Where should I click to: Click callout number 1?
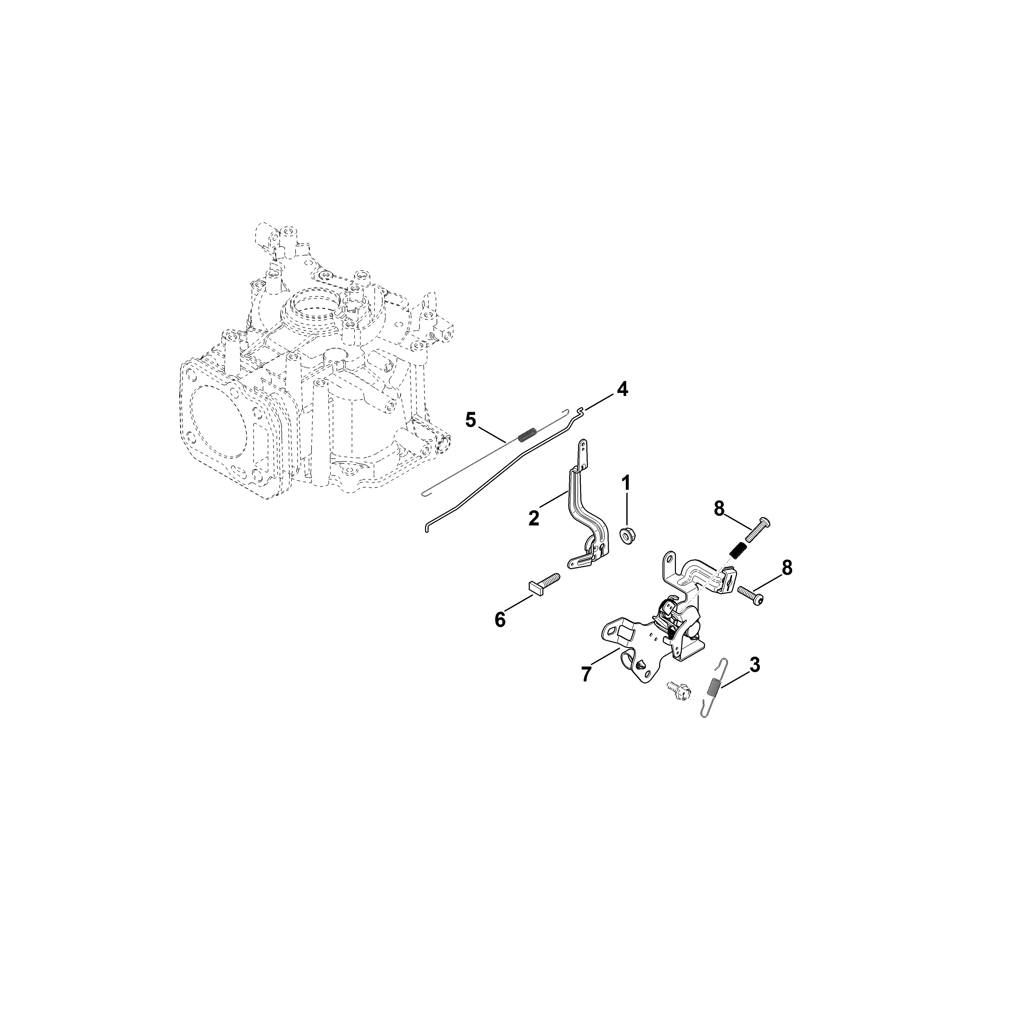click(626, 483)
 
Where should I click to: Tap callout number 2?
click(534, 518)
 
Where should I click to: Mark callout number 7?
click(586, 674)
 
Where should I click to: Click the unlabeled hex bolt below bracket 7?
click(675, 687)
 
